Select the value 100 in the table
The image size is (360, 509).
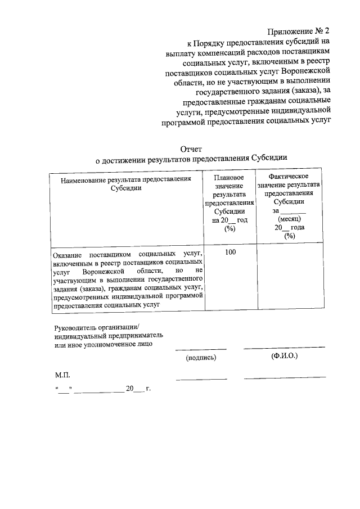point(230,252)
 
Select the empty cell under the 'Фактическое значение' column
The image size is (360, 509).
point(290,278)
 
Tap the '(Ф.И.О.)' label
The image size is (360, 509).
point(284,355)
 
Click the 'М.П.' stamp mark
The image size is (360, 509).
point(62,374)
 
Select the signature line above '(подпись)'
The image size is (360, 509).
point(201,350)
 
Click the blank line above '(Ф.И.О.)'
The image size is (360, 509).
point(284,348)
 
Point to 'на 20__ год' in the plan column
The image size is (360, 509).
point(229,220)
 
